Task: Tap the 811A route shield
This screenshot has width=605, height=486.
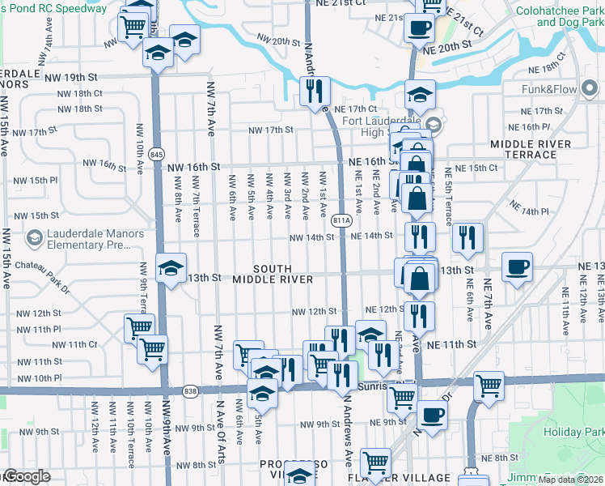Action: pos(342,220)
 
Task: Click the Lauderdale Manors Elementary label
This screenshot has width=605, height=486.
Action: pos(84,239)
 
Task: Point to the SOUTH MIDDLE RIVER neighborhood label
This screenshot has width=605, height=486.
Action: pos(272,274)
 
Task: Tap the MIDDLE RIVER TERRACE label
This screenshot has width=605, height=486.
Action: pos(531,149)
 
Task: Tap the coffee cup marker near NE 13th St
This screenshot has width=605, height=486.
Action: pos(517,267)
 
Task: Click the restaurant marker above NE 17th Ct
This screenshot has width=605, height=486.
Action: pos(315,90)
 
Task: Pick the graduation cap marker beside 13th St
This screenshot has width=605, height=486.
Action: pos(171,268)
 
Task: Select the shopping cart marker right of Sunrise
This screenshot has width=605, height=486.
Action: pos(488,386)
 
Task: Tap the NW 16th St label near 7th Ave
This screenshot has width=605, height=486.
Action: pos(193,167)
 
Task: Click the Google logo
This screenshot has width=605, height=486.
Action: pos(27,476)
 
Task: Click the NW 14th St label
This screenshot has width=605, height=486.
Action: pos(312,237)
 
